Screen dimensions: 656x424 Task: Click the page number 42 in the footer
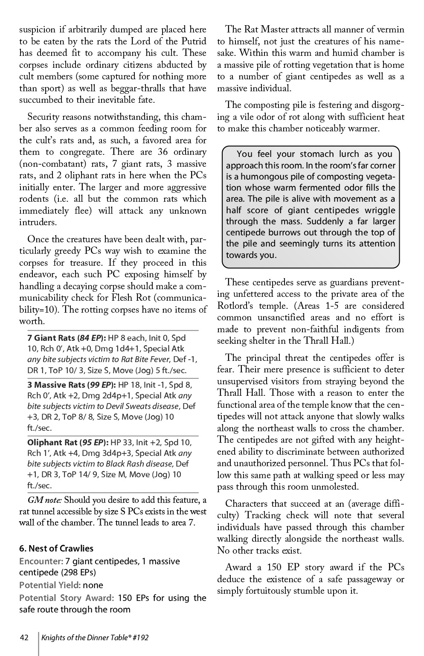click(24, 638)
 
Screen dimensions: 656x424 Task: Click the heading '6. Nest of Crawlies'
click(56, 549)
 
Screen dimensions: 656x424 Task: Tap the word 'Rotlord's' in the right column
click(236, 306)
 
